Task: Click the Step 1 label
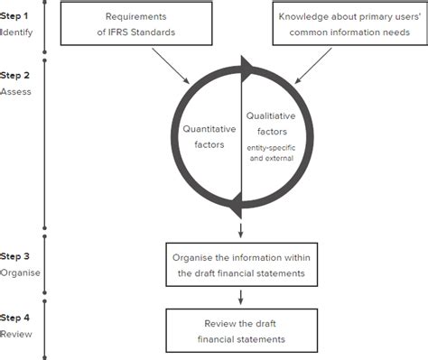(15, 17)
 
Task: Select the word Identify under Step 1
(15, 32)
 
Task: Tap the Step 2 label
(15, 77)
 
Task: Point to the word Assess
(15, 92)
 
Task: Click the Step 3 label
(15, 256)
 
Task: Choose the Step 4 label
(15, 318)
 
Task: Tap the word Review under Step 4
(15, 333)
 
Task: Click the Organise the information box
(240, 264)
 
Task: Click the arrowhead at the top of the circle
(245, 67)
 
